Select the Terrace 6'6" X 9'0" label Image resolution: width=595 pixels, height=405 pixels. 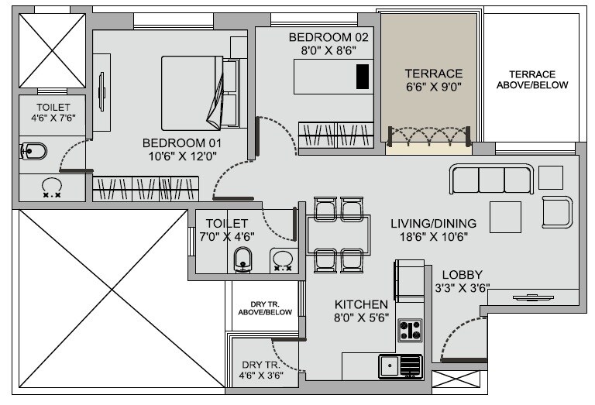tap(433, 80)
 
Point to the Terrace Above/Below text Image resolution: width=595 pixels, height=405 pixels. tap(532, 79)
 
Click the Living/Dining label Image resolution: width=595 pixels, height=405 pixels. tap(433, 224)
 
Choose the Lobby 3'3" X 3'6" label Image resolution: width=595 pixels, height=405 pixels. tap(463, 282)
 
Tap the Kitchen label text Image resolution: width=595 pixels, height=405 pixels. tap(361, 304)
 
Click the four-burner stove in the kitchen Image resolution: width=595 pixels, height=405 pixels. tap(409, 330)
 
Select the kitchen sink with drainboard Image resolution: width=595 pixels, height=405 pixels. tap(400, 366)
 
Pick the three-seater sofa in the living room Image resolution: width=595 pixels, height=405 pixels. tap(491, 179)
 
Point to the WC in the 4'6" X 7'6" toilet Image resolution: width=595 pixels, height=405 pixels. tap(35, 150)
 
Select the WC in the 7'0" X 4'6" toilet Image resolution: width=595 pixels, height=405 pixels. tap(243, 260)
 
